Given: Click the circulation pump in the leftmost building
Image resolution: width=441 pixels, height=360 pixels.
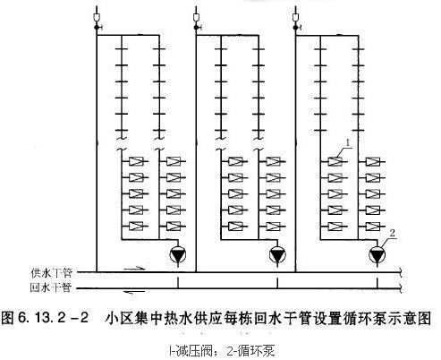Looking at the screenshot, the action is (x=178, y=255).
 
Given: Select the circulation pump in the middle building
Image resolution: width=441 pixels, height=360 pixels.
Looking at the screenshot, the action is (x=277, y=255).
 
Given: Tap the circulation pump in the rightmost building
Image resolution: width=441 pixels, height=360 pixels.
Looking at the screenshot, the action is (x=377, y=255).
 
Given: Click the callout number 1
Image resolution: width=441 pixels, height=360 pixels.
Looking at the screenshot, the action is (x=348, y=143).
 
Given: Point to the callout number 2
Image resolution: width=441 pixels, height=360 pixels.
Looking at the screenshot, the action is (x=393, y=233).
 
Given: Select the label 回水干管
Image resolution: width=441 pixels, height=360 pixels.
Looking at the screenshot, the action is (x=51, y=287).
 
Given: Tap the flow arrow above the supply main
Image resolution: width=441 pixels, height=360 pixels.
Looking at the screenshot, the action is (x=134, y=269).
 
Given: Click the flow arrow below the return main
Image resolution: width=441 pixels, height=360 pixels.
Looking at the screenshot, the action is (x=134, y=292).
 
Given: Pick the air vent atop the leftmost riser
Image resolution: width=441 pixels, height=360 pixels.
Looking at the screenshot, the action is (x=97, y=18).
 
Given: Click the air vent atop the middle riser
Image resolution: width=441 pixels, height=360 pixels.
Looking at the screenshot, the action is (x=196, y=18).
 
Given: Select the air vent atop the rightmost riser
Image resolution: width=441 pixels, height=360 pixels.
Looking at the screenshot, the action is (x=296, y=18).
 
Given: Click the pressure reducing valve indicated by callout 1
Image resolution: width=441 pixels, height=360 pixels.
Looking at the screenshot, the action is (x=335, y=161).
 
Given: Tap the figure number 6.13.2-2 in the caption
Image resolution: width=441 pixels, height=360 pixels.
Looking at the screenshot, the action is (x=54, y=318).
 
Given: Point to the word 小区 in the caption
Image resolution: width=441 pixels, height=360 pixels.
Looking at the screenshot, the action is (x=120, y=318).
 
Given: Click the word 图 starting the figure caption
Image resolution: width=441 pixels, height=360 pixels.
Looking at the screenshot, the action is (x=8, y=318).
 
